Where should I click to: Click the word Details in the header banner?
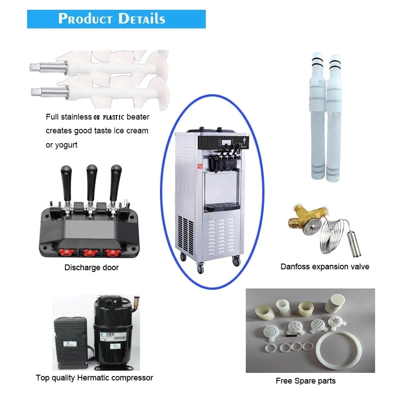coord(141,19)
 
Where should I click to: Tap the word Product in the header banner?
coord(85,19)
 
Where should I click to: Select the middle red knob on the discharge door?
coord(91,252)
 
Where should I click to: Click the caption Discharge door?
coord(92,268)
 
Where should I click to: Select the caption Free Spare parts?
coord(305,381)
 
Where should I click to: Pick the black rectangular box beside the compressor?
coord(71,342)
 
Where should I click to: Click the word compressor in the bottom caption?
coord(133,378)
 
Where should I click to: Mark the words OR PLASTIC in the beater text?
coord(110,117)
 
